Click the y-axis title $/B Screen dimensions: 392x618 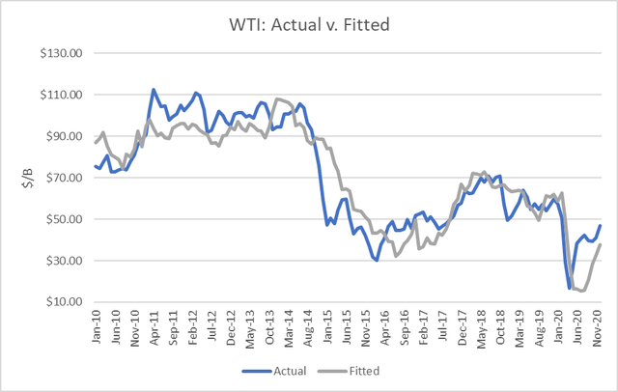pyautogui.click(x=16, y=177)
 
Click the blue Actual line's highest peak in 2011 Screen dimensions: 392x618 pyautogui.click(x=154, y=90)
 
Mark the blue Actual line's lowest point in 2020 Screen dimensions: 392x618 pyautogui.click(x=568, y=288)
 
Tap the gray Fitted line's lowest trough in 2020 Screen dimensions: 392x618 pyautogui.click(x=582, y=291)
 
